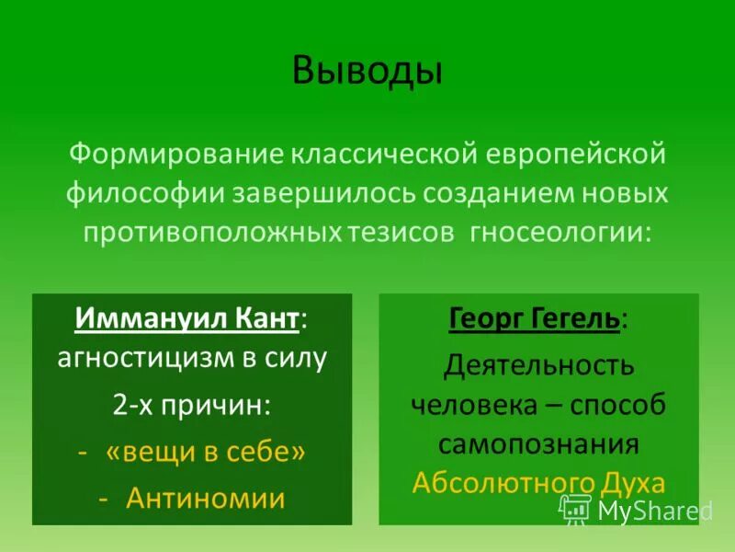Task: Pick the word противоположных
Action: tap(213, 232)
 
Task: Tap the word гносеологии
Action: tap(560, 232)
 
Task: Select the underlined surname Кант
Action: tap(265, 318)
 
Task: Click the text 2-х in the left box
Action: tap(130, 405)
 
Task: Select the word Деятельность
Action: tap(538, 365)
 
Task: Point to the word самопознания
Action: tap(538, 443)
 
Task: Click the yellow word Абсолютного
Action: tap(487, 482)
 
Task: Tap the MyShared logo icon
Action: tap(575, 509)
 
